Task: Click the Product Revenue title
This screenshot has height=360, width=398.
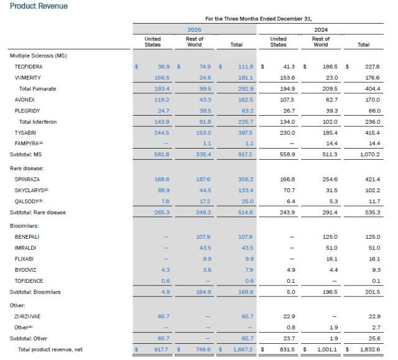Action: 39,6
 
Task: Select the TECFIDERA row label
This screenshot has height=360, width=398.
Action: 29,67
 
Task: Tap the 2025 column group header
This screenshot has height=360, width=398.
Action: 194,30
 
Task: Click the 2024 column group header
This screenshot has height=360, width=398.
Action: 321,30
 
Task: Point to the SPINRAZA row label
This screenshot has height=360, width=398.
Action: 28,179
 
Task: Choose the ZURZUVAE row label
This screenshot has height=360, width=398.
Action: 29,316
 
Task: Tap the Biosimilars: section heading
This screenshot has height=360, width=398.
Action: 25,225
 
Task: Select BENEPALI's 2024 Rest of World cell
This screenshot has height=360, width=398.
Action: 321,236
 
